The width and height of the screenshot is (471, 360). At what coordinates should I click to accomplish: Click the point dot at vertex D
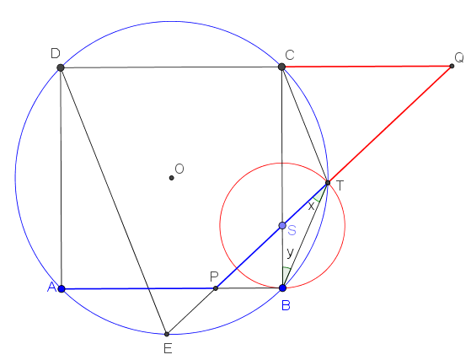(x=61, y=67)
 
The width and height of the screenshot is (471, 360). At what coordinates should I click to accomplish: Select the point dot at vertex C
(x=281, y=67)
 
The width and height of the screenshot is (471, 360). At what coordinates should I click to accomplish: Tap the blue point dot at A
(x=62, y=289)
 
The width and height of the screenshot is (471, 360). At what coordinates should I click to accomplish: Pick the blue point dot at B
(x=282, y=288)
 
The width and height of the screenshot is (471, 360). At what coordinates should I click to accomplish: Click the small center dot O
(x=172, y=178)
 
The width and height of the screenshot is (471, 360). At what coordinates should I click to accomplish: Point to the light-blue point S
(x=282, y=225)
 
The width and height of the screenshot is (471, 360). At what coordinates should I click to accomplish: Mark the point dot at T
(x=328, y=183)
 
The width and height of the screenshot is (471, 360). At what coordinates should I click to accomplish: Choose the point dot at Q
(x=452, y=66)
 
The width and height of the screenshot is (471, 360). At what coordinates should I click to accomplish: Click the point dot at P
(x=216, y=288)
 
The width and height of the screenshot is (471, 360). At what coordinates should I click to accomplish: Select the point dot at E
(x=167, y=334)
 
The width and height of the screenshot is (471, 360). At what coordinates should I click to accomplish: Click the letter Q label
(x=459, y=57)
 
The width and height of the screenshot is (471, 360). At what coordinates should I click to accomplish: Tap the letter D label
(x=56, y=53)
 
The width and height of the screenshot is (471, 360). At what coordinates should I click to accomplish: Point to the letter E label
(x=168, y=348)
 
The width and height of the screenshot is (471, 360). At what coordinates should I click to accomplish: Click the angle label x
(x=311, y=207)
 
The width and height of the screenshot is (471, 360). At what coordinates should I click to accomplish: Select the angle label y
(x=290, y=252)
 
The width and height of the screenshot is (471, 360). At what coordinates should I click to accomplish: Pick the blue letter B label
(x=286, y=305)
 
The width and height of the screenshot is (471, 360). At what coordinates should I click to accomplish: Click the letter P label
(x=214, y=277)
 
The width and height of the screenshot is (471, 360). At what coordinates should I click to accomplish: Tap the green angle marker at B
(x=286, y=271)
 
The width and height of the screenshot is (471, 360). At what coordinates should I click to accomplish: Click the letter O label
(x=179, y=169)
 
